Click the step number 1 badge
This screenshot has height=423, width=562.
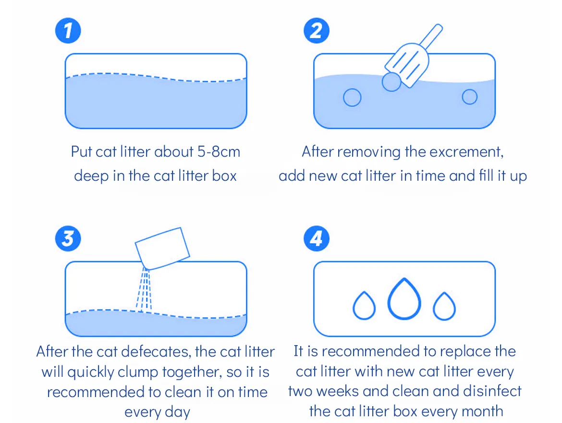68,30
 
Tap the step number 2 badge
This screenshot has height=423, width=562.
317,30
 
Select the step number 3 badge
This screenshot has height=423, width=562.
68,238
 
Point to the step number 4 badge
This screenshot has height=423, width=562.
317,238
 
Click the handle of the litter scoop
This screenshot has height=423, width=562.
431,37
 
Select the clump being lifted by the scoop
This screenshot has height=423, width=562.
391,82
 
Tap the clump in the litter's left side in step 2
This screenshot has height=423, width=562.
352,97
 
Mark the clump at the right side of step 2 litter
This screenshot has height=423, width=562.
469,97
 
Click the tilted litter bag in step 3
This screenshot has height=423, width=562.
162,249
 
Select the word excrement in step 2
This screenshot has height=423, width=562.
466,152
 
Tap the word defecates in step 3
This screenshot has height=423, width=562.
156,351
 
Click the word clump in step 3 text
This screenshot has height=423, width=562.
138,373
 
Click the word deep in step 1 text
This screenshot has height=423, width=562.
91,176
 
